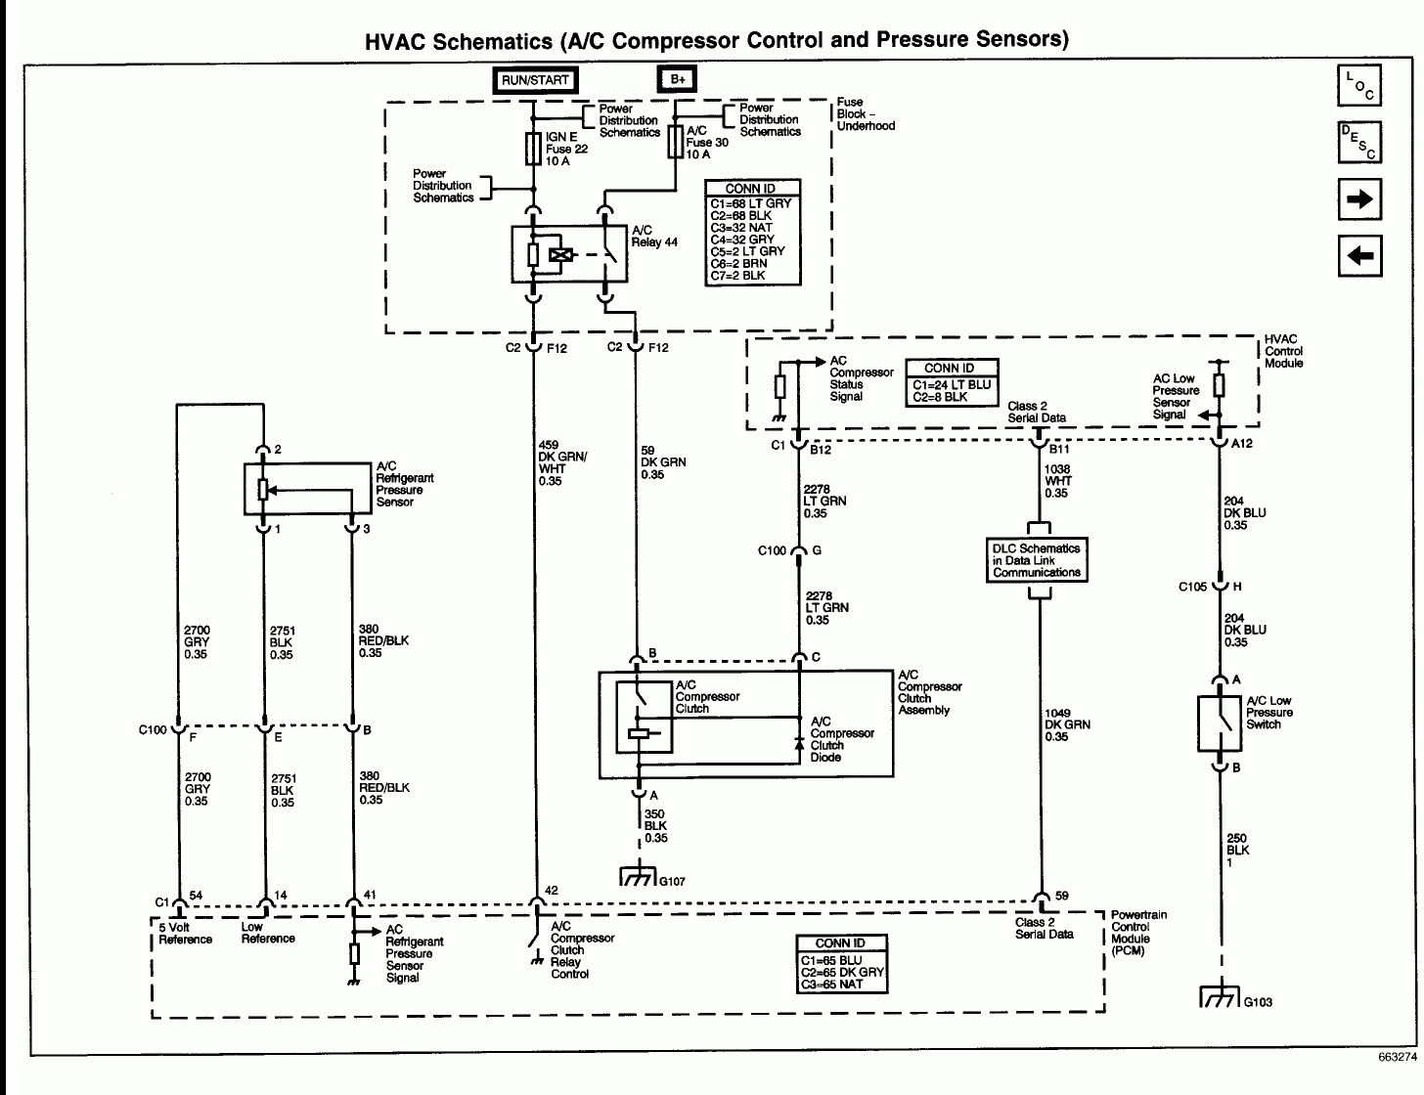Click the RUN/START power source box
[534, 80]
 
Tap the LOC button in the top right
[1358, 86]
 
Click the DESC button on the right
[1358, 143]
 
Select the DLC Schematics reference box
[1037, 561]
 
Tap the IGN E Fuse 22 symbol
[534, 149]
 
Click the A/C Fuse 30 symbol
[675, 142]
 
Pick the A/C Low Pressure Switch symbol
[1219, 723]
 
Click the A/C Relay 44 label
[654, 237]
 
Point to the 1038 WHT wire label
[1056, 481]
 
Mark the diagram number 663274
[1396, 1058]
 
